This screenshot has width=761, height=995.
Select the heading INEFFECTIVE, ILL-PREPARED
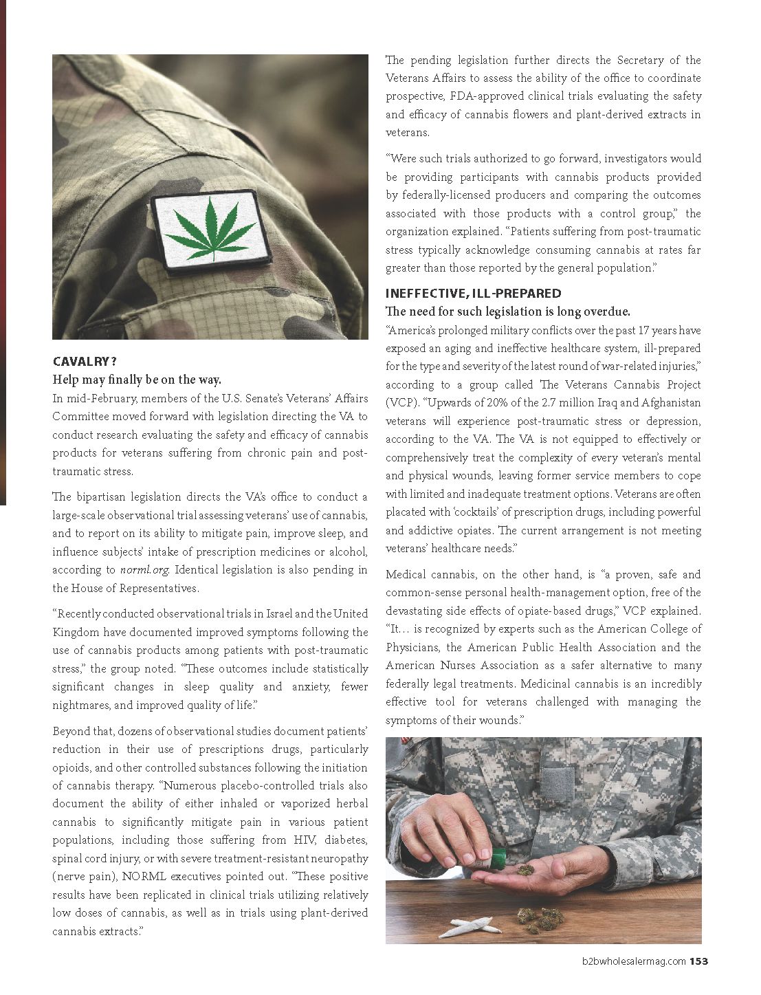click(x=473, y=293)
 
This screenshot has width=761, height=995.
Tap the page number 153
click(x=699, y=961)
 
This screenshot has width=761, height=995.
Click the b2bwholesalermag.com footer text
click(x=631, y=961)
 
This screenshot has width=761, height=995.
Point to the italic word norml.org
click(x=144, y=569)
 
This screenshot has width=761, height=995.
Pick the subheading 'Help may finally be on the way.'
click(x=137, y=380)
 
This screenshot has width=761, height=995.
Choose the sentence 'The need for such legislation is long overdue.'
click(x=507, y=311)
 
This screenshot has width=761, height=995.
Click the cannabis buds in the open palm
click(x=525, y=870)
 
